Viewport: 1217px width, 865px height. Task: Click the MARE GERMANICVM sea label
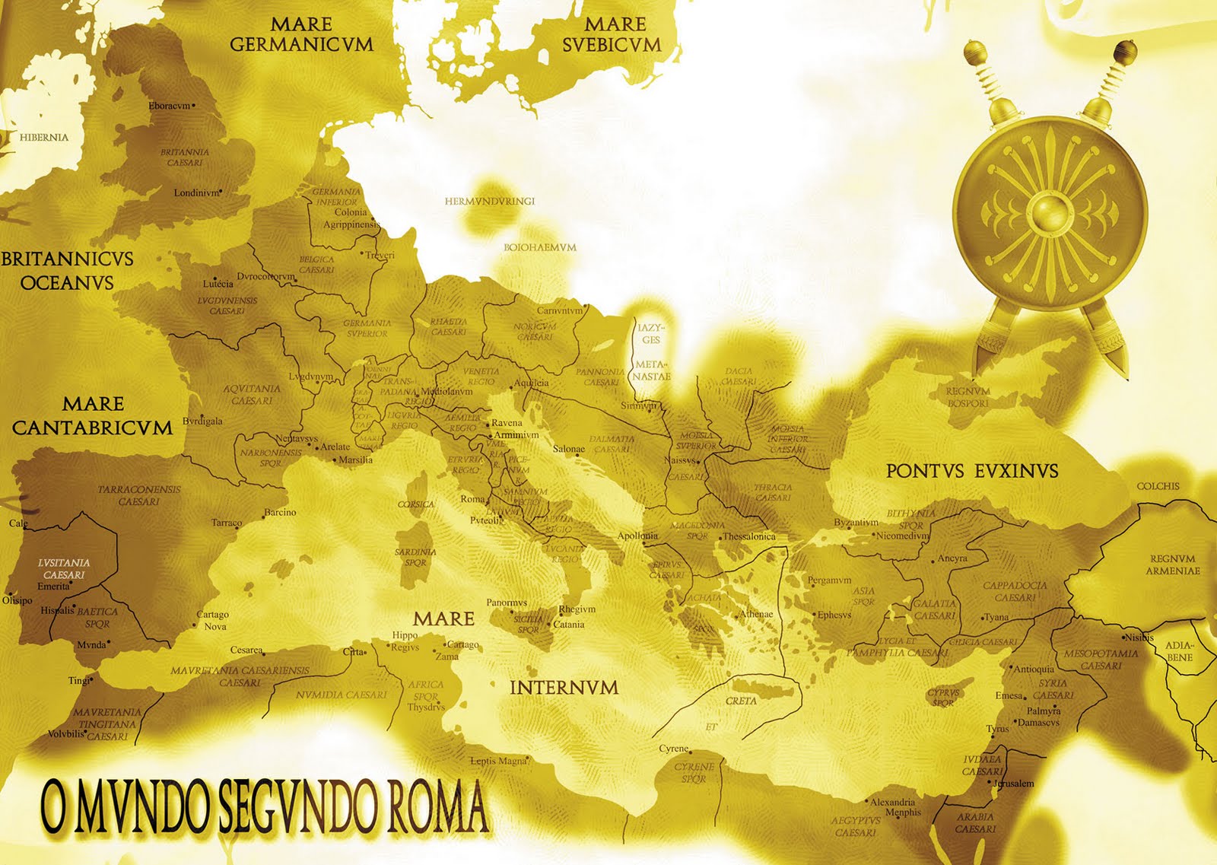[x=302, y=35]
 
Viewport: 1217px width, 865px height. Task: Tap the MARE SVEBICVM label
[x=612, y=35]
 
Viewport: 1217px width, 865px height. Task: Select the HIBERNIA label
[x=43, y=138]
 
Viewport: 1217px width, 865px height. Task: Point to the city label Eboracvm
[x=170, y=106]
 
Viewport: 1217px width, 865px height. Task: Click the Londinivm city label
[x=196, y=192]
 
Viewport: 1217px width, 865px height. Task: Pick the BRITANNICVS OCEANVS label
[x=67, y=270]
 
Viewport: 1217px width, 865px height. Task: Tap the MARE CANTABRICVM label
[x=92, y=415]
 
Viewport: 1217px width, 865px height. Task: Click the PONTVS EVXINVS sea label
[x=971, y=472]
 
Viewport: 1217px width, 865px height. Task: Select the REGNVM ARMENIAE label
[x=1172, y=564]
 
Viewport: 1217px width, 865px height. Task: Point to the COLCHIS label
[x=1158, y=486]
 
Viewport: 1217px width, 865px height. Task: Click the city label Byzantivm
[x=856, y=523]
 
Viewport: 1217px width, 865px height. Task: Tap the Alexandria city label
[x=892, y=802]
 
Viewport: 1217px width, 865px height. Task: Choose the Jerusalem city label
[x=1012, y=784]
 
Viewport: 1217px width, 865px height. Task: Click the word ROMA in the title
[x=437, y=806]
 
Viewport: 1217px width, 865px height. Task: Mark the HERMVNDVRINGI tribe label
[x=489, y=202]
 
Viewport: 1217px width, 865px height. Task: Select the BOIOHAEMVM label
[x=539, y=247]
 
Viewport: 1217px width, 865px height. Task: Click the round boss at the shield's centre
[x=1049, y=211]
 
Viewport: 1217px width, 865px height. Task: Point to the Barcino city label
[x=280, y=512]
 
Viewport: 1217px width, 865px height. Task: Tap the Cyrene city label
[x=672, y=749]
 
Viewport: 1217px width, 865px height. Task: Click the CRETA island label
[x=741, y=701]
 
